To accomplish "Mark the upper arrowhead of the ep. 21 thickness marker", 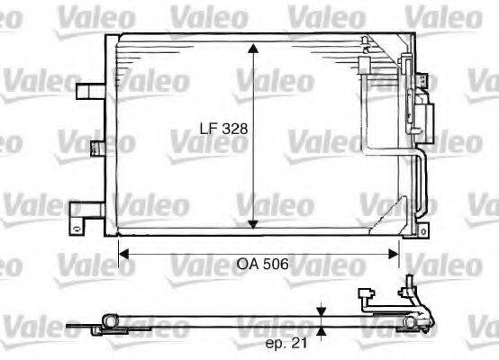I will (x=322, y=312).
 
